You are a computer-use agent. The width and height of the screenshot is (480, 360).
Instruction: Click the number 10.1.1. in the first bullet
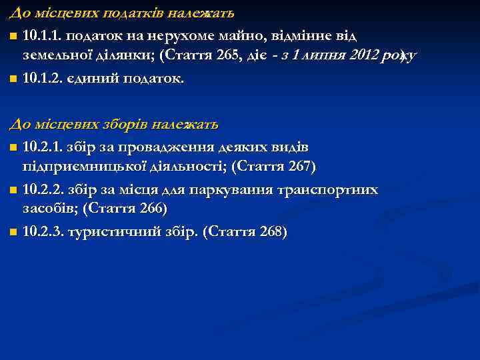tap(43, 35)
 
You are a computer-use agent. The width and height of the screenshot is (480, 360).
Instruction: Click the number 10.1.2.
tap(43, 79)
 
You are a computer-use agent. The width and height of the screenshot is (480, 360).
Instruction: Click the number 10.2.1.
tap(43, 147)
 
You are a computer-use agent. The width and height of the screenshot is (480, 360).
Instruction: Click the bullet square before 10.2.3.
tap(14, 233)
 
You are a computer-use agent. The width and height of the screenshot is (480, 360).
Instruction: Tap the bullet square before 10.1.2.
tap(14, 79)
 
